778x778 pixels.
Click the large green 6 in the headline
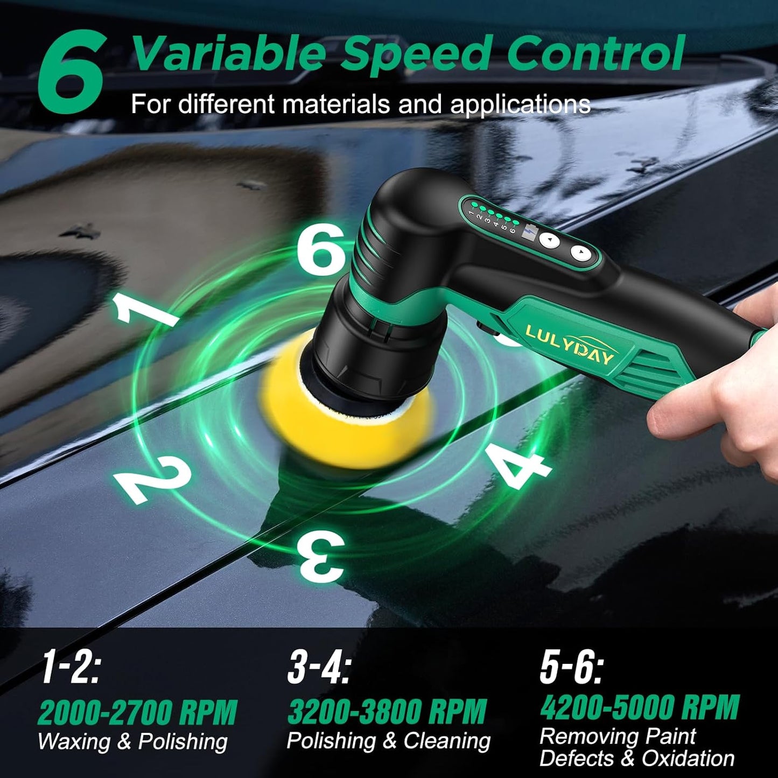(x=72, y=71)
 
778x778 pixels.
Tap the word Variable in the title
(x=229, y=53)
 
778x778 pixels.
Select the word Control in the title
(x=595, y=53)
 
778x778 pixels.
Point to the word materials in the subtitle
(x=337, y=104)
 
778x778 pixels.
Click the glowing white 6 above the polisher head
(x=320, y=248)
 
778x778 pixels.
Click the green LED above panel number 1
(x=475, y=206)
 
